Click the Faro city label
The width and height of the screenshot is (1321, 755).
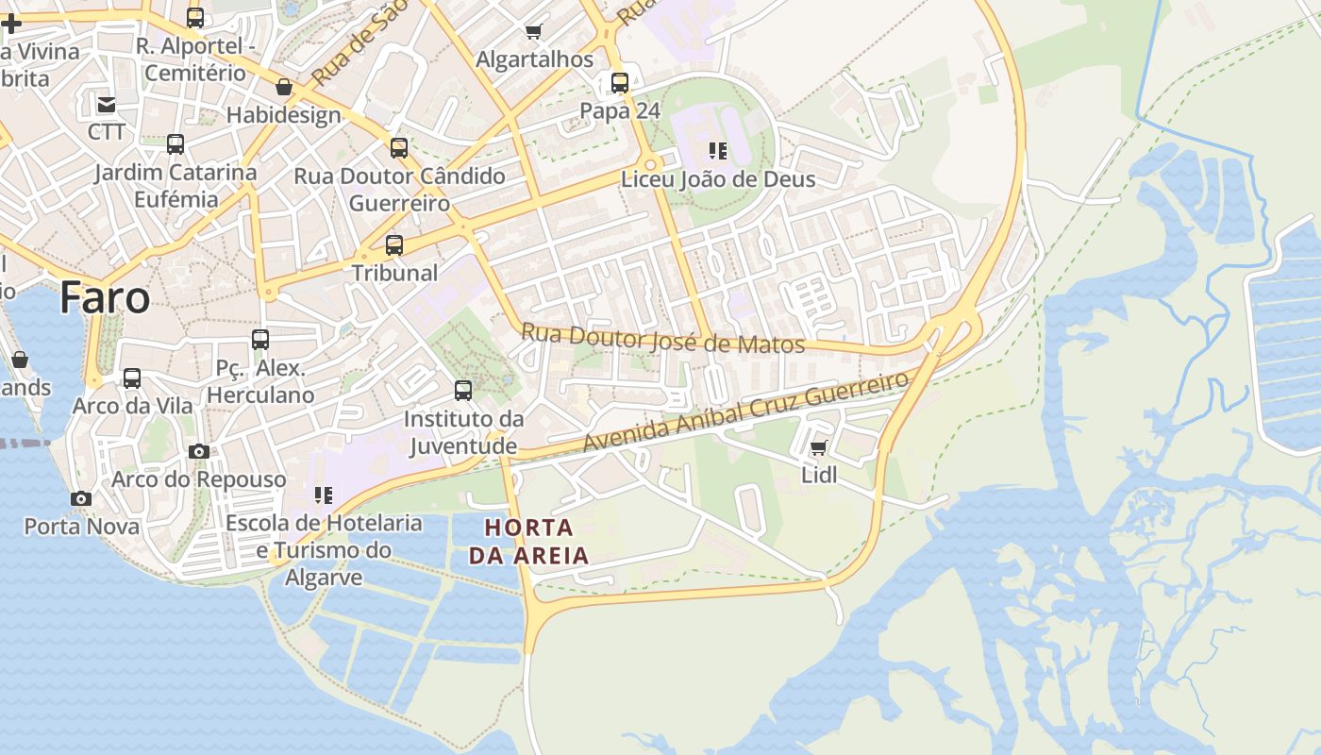click(105, 298)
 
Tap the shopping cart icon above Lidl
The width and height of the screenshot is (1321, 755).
click(818, 447)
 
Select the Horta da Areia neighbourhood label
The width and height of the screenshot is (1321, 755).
click(528, 542)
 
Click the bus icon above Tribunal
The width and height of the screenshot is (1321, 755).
click(394, 245)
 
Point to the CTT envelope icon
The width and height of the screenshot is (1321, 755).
click(106, 104)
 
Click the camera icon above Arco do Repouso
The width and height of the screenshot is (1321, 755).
click(198, 451)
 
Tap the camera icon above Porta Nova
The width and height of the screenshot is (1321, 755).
click(81, 498)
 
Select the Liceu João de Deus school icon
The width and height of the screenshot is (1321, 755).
click(718, 151)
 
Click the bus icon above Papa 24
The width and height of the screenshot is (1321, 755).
click(619, 83)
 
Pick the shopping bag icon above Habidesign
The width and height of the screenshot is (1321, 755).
click(283, 88)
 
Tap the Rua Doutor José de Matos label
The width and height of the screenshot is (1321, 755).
click(662, 339)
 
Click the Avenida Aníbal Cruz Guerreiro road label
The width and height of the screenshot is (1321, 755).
click(745, 411)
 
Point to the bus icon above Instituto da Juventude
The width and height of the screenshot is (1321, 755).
click(462, 391)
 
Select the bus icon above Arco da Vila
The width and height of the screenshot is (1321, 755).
click(132, 378)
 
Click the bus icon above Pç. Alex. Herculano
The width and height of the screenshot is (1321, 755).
click(260, 340)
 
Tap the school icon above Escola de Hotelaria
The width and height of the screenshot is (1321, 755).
click(324, 495)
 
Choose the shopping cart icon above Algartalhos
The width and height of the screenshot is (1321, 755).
click(534, 32)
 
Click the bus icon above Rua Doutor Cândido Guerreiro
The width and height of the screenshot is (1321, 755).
click(399, 148)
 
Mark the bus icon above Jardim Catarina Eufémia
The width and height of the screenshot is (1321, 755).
click(176, 144)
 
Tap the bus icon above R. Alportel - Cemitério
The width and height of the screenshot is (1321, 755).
click(195, 18)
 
